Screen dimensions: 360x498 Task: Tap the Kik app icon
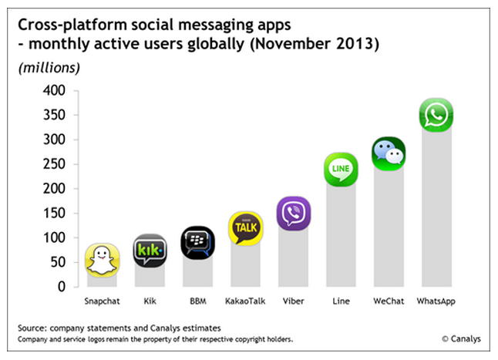pyautogui.click(x=150, y=250)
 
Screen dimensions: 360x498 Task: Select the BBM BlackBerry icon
pyautogui.click(x=197, y=243)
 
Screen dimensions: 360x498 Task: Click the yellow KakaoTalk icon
pyautogui.click(x=246, y=229)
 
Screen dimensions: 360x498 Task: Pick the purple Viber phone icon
pyautogui.click(x=293, y=213)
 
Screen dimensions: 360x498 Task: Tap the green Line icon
pyautogui.click(x=340, y=169)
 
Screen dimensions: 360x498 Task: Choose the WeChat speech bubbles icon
pyautogui.click(x=388, y=154)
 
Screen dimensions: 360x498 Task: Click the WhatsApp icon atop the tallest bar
pyautogui.click(x=436, y=115)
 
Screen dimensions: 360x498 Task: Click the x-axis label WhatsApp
pyautogui.click(x=436, y=301)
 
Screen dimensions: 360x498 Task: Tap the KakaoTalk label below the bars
pyautogui.click(x=245, y=301)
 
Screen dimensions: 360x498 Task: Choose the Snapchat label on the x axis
pyautogui.click(x=103, y=301)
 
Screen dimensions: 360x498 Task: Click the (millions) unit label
pyautogui.click(x=49, y=68)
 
